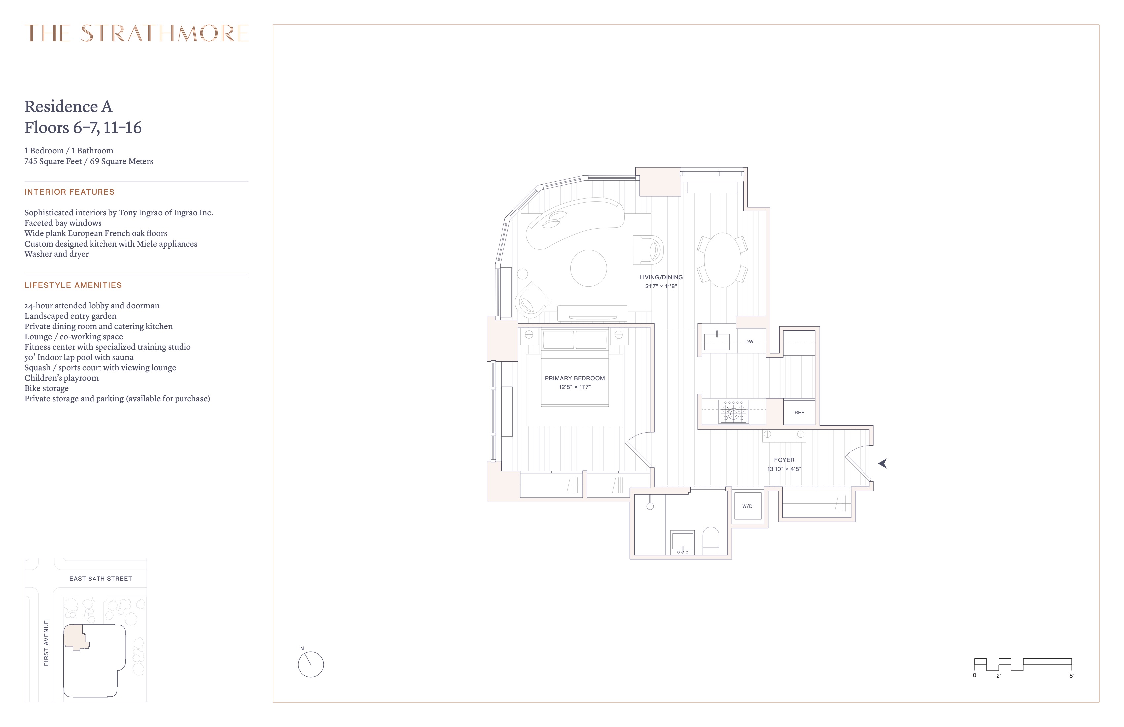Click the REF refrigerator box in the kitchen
click(x=799, y=412)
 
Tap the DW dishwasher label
click(x=749, y=342)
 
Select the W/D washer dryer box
click(x=747, y=506)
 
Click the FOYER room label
click(x=784, y=460)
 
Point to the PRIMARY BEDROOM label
click(x=575, y=378)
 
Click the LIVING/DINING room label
click(x=661, y=277)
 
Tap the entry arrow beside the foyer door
click(x=883, y=464)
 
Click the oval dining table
click(x=723, y=260)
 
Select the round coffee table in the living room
click(x=588, y=268)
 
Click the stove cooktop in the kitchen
click(x=734, y=412)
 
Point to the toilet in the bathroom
click(x=711, y=541)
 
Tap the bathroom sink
click(x=682, y=542)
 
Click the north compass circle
click(x=311, y=665)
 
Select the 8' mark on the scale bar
click(x=1071, y=675)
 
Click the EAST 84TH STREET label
click(x=100, y=578)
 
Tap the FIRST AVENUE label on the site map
click(x=46, y=643)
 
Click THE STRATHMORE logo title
click(x=137, y=33)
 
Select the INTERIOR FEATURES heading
click(x=69, y=192)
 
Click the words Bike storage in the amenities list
click(x=47, y=388)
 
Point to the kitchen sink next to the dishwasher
click(x=717, y=341)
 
